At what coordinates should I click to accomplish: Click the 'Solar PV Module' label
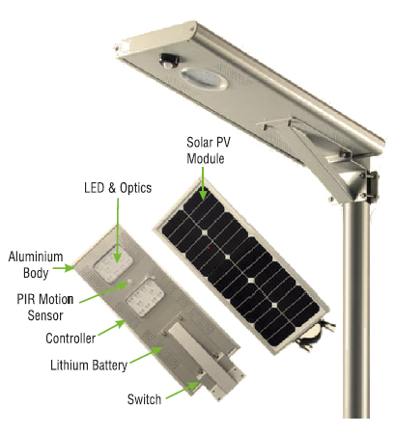[x=209, y=150]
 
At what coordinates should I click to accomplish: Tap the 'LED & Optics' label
[x=118, y=188]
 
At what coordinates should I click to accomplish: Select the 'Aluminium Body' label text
[x=36, y=264]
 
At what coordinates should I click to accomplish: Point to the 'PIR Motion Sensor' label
[x=45, y=307]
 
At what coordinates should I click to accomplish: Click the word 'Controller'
[x=70, y=339]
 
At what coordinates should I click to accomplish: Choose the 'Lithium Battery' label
[x=89, y=366]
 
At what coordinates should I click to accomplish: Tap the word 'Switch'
[x=144, y=399]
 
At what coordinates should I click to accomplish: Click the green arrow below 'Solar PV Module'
[x=203, y=183]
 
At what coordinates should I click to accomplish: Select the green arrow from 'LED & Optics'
[x=118, y=231]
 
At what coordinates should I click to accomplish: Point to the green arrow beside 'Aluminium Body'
[x=64, y=268]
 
